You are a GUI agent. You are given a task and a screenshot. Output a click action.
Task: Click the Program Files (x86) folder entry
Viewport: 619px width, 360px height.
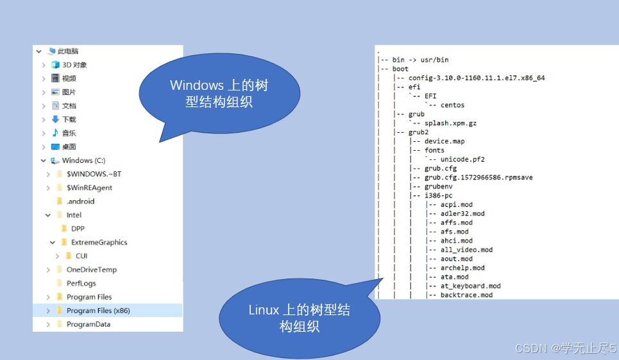[98, 311]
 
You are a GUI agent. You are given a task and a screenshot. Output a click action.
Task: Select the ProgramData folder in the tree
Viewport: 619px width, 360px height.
[89, 324]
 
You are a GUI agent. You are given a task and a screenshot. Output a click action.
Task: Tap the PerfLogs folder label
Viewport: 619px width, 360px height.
[81, 283]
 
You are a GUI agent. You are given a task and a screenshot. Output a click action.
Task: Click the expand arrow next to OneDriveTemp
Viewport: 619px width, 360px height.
[49, 270]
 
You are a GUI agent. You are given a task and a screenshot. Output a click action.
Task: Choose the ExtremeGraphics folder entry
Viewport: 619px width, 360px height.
[99, 243]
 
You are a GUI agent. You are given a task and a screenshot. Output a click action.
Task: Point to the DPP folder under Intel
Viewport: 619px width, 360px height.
[78, 228]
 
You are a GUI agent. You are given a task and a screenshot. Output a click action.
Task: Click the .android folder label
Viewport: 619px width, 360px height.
[80, 201]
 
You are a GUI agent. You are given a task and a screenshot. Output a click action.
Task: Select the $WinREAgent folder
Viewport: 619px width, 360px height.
[89, 187]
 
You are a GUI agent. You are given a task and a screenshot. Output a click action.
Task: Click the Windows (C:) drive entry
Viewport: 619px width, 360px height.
[83, 160]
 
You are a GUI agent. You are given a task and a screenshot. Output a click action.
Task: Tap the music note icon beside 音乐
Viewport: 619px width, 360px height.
[55, 133]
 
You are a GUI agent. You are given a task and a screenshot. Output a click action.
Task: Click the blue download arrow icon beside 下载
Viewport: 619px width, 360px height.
[55, 119]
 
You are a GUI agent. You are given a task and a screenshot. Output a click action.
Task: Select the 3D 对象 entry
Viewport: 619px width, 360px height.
[74, 65]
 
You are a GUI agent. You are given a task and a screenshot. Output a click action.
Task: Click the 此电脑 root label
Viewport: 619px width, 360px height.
[67, 51]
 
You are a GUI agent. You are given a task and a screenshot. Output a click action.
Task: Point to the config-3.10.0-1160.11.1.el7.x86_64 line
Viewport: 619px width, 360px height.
[477, 78]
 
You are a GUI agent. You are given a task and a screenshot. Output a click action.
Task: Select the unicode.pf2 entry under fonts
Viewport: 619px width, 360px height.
[462, 159]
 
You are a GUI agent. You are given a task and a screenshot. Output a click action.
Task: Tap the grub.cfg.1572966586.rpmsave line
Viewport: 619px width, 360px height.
[478, 177]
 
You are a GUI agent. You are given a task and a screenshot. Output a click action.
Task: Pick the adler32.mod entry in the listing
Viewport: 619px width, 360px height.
[462, 214]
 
